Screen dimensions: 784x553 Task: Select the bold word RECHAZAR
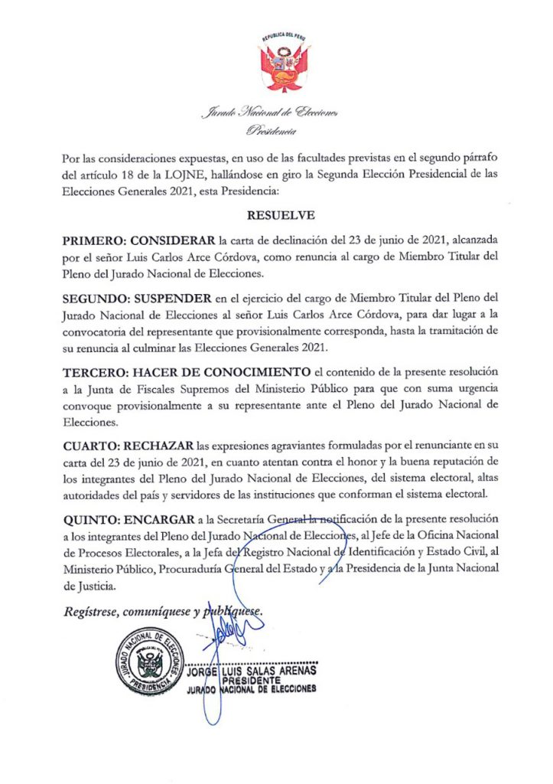point(160,444)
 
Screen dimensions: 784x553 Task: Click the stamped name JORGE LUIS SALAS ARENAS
point(252,671)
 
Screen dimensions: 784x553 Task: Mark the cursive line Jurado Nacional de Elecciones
point(268,113)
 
